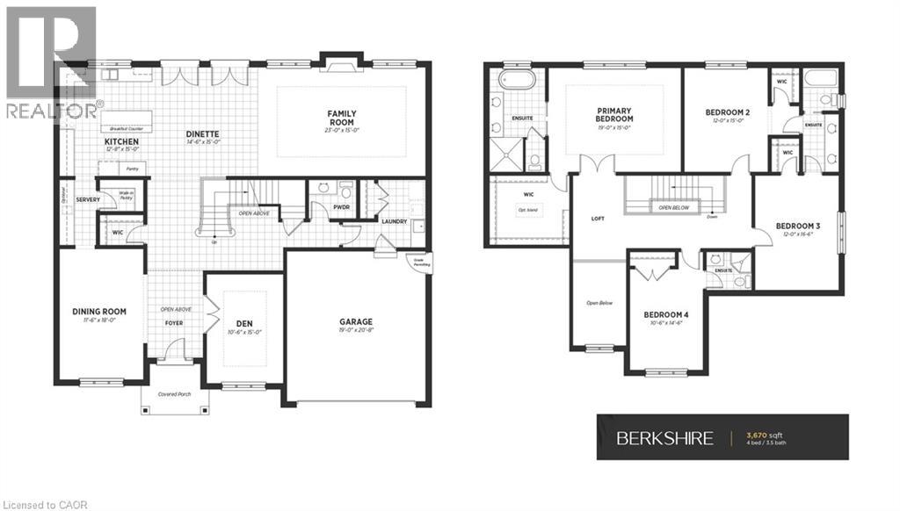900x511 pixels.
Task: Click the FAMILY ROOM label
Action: [x=341, y=118]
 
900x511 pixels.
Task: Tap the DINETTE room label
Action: [x=202, y=133]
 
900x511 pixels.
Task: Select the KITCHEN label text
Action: [x=122, y=140]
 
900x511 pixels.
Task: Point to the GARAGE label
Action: [x=357, y=321]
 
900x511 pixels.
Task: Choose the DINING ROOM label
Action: [x=98, y=311]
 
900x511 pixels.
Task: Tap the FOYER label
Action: [x=174, y=322]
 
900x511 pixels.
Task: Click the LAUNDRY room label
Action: [x=394, y=221]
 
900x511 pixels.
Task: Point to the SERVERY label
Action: [x=88, y=199]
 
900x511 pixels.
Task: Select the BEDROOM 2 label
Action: [x=728, y=112]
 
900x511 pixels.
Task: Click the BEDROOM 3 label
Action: [x=797, y=226]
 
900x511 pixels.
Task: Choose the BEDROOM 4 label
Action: [x=665, y=313]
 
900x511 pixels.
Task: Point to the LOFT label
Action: [x=598, y=219]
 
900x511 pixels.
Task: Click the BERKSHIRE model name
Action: [x=664, y=438]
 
